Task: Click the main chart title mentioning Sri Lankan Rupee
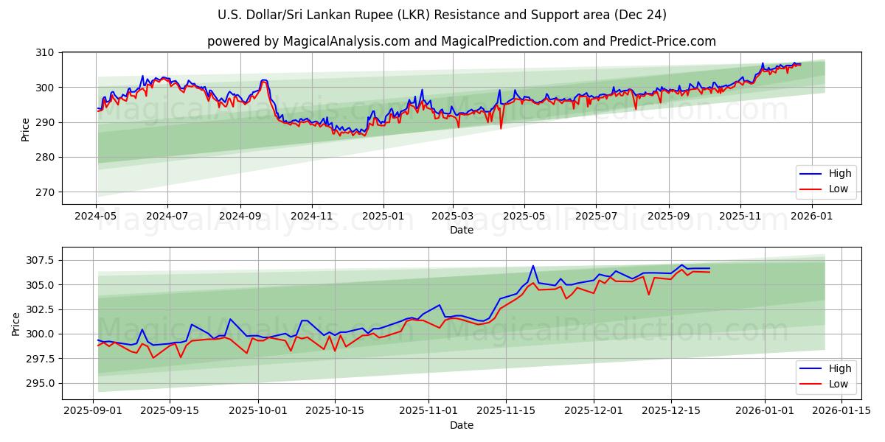click(442, 15)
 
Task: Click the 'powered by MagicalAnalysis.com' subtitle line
click(461, 41)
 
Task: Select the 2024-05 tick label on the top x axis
click(95, 217)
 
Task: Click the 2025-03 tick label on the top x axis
click(452, 217)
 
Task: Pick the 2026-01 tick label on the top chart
click(811, 217)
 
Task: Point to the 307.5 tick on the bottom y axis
click(38, 260)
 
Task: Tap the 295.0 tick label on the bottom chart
click(38, 383)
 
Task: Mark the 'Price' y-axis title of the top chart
click(26, 130)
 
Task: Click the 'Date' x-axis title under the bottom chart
click(462, 425)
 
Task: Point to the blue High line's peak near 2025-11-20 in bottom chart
click(533, 266)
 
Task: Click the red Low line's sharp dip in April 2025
click(501, 128)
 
